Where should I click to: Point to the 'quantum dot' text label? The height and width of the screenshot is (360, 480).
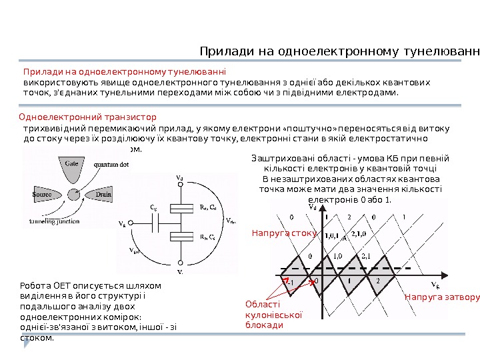pos(110,165)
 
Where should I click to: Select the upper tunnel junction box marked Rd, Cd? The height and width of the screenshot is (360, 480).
pos(179,207)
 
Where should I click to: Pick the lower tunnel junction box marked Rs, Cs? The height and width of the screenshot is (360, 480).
pos(179,237)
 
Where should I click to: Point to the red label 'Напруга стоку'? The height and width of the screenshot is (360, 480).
pos(283,234)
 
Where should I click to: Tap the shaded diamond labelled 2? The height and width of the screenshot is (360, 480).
pos(378,280)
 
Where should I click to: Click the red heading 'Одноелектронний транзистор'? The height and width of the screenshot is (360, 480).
pos(87,117)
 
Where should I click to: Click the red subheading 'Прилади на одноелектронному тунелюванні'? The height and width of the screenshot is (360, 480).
pos(125,71)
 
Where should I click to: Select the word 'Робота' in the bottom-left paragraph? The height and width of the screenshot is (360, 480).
pos(35,285)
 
